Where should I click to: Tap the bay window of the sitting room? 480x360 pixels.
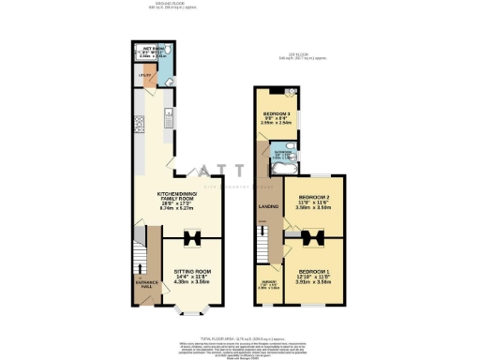[x=191, y=310]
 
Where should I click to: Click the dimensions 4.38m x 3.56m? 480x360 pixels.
[x=191, y=282]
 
